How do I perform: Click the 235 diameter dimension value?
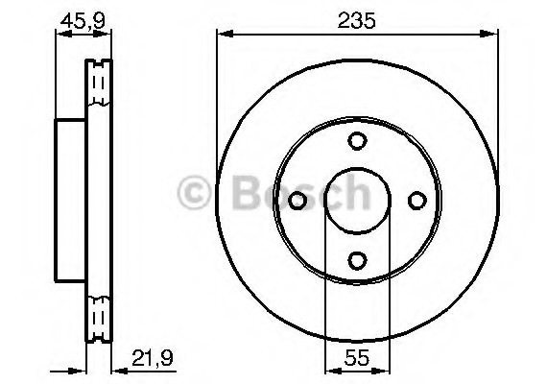click(x=356, y=20)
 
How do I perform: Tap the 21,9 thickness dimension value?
click(x=153, y=357)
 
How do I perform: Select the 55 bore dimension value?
click(x=357, y=357)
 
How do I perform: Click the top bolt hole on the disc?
click(x=357, y=141)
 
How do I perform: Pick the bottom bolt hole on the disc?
click(x=357, y=261)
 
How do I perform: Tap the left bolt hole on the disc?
click(x=297, y=201)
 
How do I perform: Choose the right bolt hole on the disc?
click(x=417, y=201)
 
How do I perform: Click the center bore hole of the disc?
click(x=357, y=201)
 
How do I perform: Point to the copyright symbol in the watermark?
click(x=194, y=192)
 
